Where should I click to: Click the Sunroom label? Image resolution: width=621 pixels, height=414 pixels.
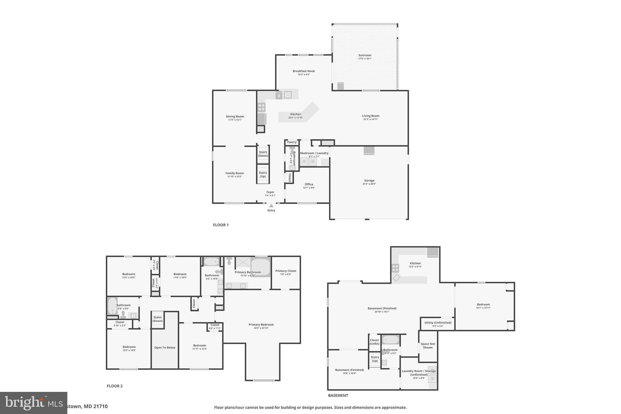click(x=365, y=55)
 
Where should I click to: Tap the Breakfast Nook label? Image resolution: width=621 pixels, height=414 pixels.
click(x=304, y=71)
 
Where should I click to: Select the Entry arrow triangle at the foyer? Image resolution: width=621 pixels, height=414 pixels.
click(x=271, y=206)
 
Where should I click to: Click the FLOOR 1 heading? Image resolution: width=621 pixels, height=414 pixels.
click(x=221, y=225)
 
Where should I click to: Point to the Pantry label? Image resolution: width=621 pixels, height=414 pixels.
click(x=292, y=142)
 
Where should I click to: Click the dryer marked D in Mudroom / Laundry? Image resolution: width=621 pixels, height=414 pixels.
click(x=304, y=161)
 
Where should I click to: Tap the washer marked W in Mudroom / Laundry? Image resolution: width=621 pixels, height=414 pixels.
click(x=313, y=161)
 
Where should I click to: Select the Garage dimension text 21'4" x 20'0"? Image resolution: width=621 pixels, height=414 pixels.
click(x=369, y=184)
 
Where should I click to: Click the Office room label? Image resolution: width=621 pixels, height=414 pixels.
click(x=309, y=184)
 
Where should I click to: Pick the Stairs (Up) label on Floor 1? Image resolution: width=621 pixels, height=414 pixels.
click(x=263, y=174)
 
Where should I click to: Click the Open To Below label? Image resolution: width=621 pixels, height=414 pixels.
click(x=165, y=348)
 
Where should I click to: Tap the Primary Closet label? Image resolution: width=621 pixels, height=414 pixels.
click(x=286, y=271)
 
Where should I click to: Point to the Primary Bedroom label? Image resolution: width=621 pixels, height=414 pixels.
click(x=261, y=325)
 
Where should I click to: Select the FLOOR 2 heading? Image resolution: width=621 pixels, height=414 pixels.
click(x=115, y=386)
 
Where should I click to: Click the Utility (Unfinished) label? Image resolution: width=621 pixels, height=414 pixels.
click(x=438, y=322)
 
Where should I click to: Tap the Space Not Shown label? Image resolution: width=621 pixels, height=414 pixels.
click(x=428, y=346)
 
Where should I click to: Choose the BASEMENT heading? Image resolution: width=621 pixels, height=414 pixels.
click(x=338, y=395)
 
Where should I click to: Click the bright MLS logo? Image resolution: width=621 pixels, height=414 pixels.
click(x=33, y=403)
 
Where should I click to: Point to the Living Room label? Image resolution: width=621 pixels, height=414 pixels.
click(x=371, y=116)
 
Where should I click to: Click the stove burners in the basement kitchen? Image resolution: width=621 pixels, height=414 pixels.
click(x=395, y=268)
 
